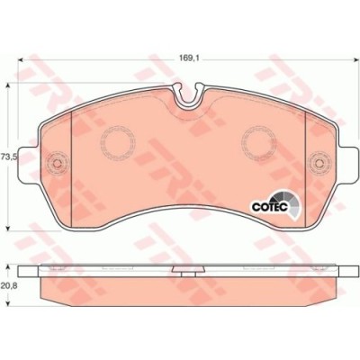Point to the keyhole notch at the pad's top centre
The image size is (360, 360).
(186, 93)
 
